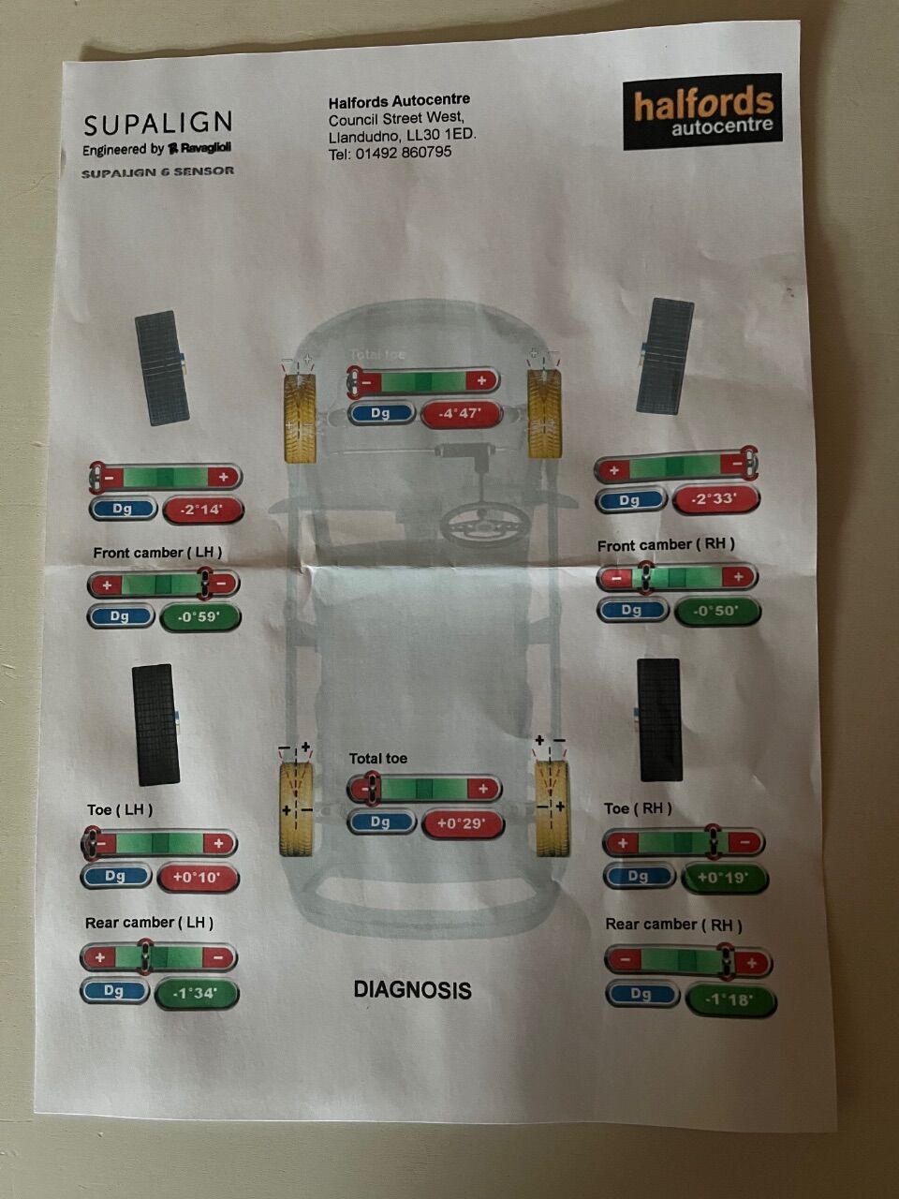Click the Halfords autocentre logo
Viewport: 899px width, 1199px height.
702,111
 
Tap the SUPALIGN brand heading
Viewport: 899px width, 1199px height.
157,124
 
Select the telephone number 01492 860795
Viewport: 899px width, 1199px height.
404,153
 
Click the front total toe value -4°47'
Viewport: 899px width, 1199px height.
462,413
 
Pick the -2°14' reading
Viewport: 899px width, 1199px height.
203,510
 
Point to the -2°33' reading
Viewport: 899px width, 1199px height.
715,498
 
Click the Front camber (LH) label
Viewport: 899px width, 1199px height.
157,553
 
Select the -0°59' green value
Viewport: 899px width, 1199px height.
199,617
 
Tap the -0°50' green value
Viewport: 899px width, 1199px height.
716,612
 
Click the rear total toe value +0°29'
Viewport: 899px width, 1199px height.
463,823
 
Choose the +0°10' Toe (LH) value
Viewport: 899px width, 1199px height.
198,878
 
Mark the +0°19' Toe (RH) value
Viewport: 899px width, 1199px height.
724,879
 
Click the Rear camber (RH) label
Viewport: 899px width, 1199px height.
673,925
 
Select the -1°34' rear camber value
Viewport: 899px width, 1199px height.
197,993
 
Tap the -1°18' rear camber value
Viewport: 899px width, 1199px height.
730,1000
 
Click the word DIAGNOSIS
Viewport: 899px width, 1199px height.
413,990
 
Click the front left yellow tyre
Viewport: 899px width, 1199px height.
300,418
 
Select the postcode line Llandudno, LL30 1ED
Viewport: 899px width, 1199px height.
403,136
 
